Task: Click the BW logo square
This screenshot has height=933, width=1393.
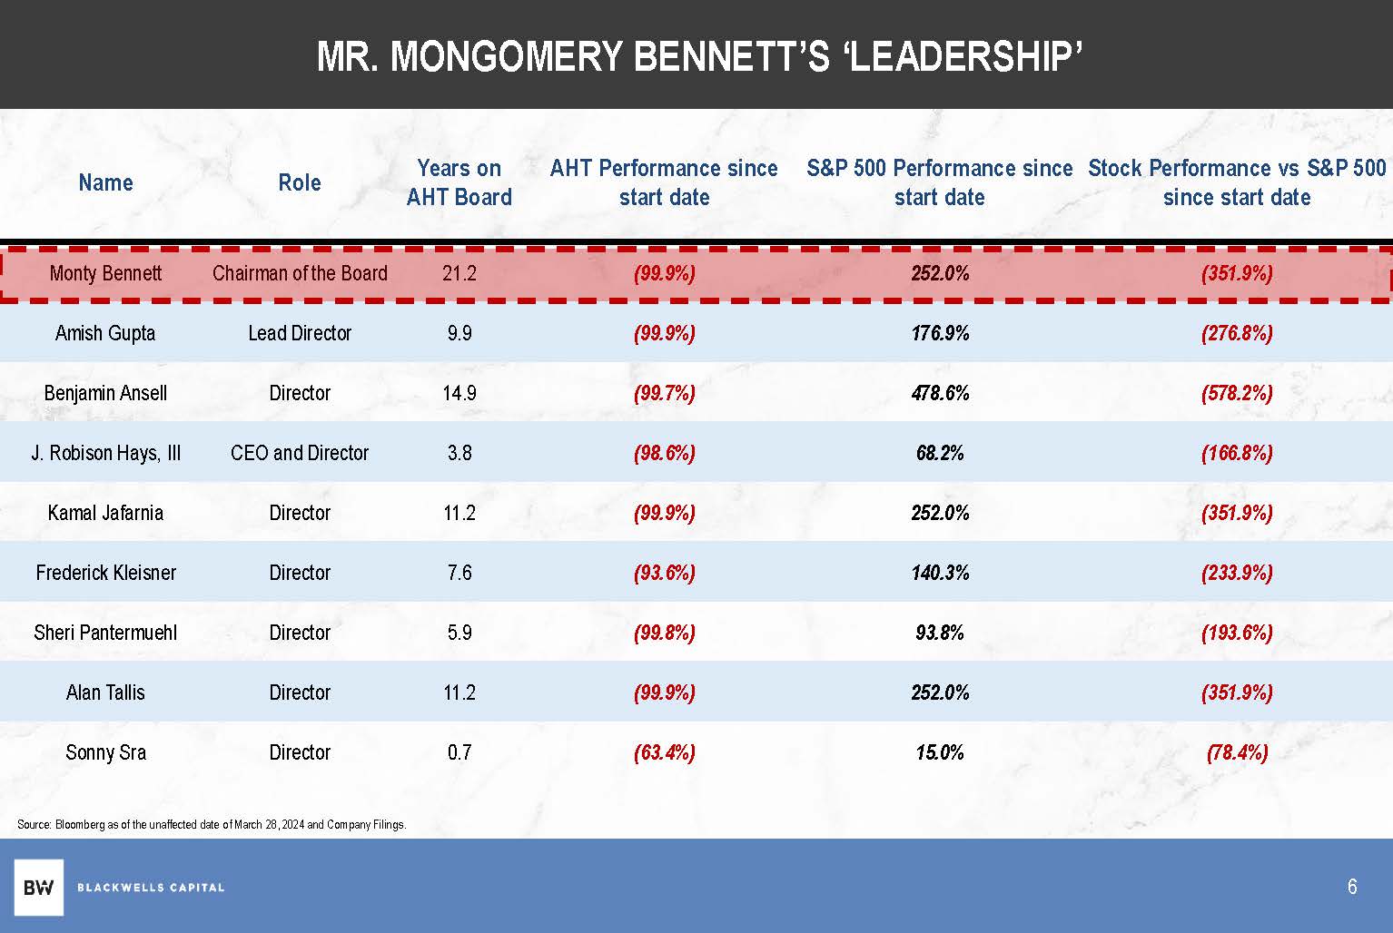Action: click(x=38, y=887)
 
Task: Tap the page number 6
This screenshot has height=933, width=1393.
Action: click(x=1352, y=887)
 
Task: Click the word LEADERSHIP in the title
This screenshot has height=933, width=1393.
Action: click(x=968, y=56)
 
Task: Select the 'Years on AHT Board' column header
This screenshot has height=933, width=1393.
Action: click(x=459, y=182)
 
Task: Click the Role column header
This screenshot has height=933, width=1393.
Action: click(x=300, y=182)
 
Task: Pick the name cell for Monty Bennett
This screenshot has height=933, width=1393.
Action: click(x=105, y=273)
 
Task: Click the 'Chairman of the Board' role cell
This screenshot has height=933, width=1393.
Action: click(x=300, y=273)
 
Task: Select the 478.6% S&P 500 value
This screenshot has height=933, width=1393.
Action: click(x=940, y=393)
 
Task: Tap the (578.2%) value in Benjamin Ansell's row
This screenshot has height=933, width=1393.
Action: click(x=1236, y=393)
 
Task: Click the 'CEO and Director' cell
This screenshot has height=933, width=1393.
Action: click(x=300, y=453)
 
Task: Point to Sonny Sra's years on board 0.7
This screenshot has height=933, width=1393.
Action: click(x=459, y=752)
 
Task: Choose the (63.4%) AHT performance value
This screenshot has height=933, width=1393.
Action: click(x=665, y=752)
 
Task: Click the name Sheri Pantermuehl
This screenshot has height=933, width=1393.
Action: click(x=105, y=633)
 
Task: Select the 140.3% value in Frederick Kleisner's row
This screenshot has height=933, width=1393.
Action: click(x=940, y=573)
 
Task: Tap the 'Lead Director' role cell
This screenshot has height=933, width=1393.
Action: click(x=300, y=333)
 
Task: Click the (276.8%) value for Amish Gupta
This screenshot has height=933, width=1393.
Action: click(x=1236, y=333)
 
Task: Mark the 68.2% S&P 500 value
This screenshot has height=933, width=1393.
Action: click(x=940, y=453)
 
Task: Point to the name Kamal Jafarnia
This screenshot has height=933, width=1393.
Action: click(x=105, y=513)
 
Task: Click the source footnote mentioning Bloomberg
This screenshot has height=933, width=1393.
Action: click(x=212, y=825)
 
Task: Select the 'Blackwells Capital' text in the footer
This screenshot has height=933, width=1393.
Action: click(x=151, y=887)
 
